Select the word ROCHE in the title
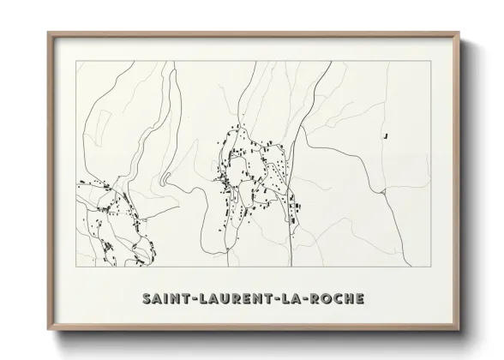click(336, 299)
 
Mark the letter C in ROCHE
click(338, 299)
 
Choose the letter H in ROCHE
click(350, 299)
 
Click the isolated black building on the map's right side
click(387, 135)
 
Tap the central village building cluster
click(244, 171)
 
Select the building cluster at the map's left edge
click(107, 210)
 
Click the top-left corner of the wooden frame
click(48, 33)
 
